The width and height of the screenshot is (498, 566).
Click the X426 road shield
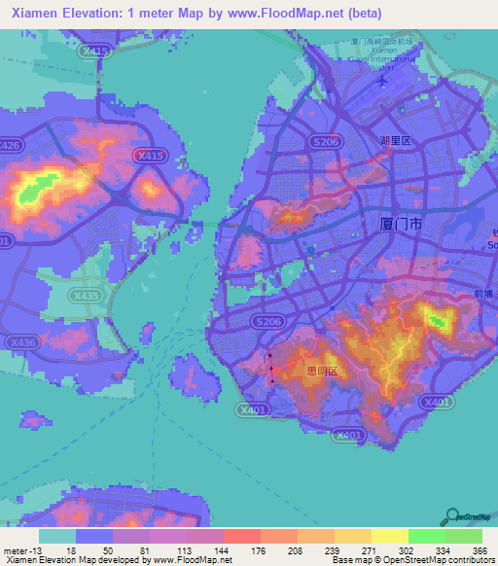tap(9, 145)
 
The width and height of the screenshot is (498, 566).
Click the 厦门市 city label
tap(400, 224)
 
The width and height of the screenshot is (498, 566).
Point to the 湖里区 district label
tap(396, 140)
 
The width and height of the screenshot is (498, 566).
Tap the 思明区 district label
tap(321, 371)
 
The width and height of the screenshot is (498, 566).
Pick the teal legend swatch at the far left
tap(57, 536)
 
